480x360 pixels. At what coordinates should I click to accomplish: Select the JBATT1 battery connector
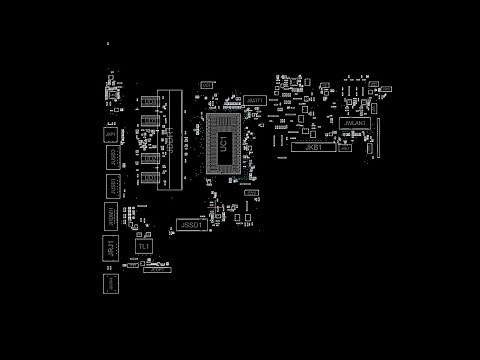254,101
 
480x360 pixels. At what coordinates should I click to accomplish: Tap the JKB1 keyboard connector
313,147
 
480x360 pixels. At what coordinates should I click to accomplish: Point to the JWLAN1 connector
355,123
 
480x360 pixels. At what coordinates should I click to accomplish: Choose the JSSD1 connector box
191,226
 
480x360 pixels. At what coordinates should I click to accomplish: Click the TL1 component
144,246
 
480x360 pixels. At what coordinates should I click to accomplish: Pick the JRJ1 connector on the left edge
109,247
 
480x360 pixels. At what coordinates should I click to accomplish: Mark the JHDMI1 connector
110,215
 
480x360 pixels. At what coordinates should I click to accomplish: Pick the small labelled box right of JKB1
345,148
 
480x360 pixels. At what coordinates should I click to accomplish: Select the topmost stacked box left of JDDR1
150,102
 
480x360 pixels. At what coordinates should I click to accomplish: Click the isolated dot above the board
108,44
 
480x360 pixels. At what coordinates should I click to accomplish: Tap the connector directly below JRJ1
110,283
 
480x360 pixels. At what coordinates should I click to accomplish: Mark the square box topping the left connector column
110,134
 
